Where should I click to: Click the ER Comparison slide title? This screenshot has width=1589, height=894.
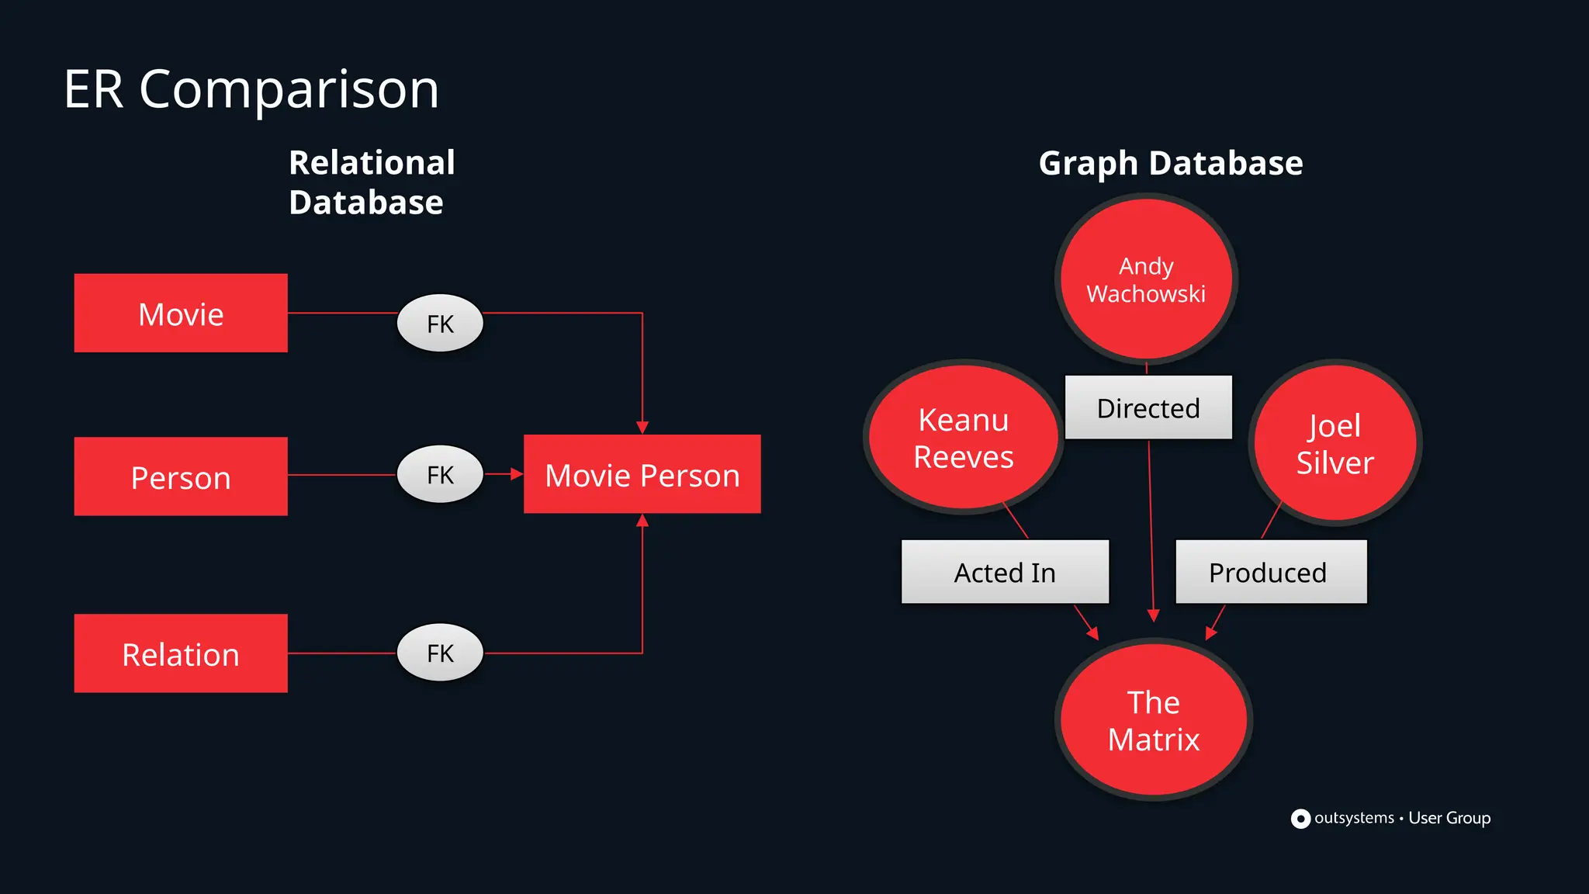coord(251,89)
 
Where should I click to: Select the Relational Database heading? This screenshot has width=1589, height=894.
coord(371,182)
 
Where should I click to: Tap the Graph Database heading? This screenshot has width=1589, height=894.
coord(1170,164)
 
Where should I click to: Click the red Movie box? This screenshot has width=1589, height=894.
coord(181,314)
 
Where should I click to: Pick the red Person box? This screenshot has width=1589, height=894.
coord(181,476)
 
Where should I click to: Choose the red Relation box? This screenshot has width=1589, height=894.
coord(181,653)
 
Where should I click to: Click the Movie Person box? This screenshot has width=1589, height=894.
coord(642,474)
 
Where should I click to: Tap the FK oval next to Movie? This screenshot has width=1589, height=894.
coord(440,323)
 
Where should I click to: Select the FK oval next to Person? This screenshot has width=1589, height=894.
coord(440,474)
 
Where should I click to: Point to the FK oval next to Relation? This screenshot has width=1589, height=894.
coord(440,653)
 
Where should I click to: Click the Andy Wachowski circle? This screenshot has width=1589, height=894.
coord(1146,279)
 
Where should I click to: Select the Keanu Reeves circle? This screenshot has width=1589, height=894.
coord(963,438)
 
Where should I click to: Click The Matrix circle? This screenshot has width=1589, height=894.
coord(1154,720)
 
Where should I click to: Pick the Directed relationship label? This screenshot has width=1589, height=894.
coord(1148,407)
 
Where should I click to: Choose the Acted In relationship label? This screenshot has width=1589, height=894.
coord(1005,572)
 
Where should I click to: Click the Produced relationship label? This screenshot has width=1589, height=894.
coord(1270,572)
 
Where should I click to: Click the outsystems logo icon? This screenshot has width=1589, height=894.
coord(1300,819)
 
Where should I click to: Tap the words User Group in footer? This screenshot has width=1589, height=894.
coord(1449,818)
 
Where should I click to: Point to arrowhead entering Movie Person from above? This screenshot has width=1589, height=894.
coord(642,428)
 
